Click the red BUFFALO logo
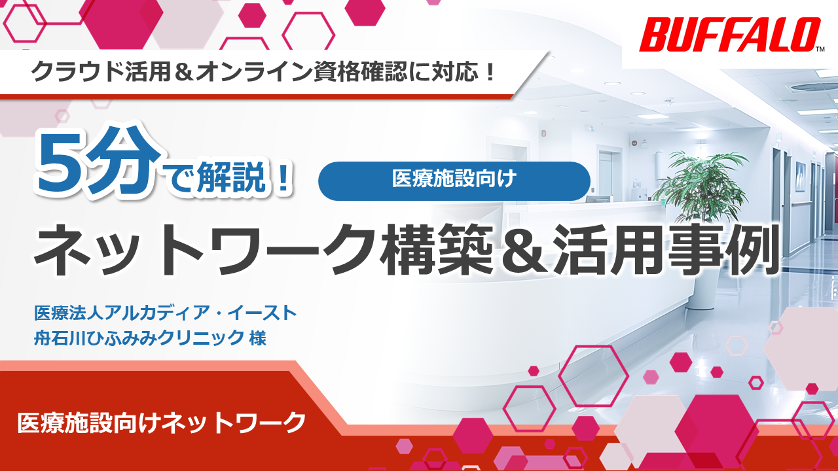[729, 35]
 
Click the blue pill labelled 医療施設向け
[454, 181]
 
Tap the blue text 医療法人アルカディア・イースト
[166, 313]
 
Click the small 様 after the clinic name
[257, 339]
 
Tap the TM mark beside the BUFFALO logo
[820, 49]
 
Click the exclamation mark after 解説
[283, 178]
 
